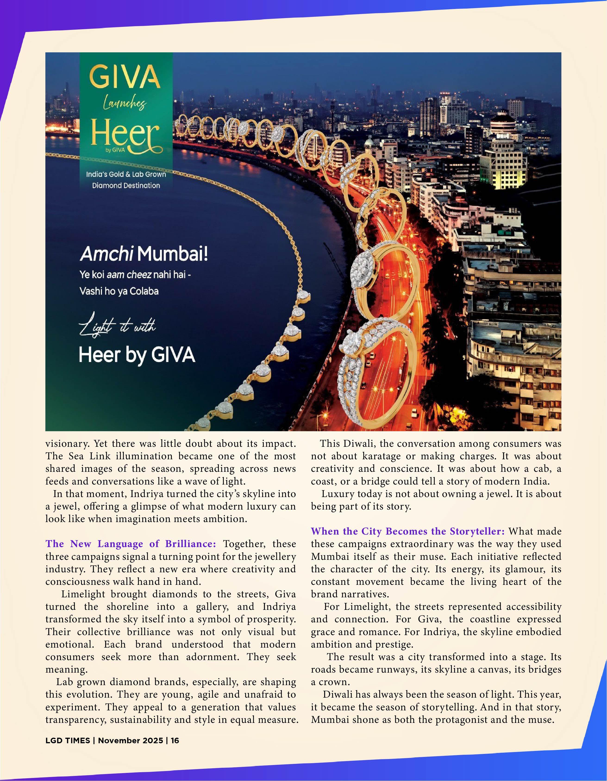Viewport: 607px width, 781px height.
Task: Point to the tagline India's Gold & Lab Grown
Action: (x=126, y=174)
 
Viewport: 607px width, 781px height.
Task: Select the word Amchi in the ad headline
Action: (x=106, y=255)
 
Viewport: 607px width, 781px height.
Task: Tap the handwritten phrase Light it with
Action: (x=117, y=327)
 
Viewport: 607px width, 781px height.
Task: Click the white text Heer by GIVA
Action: (x=137, y=355)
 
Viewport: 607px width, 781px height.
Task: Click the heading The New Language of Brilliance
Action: (x=131, y=544)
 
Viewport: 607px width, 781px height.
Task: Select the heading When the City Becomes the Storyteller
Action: (x=407, y=531)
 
